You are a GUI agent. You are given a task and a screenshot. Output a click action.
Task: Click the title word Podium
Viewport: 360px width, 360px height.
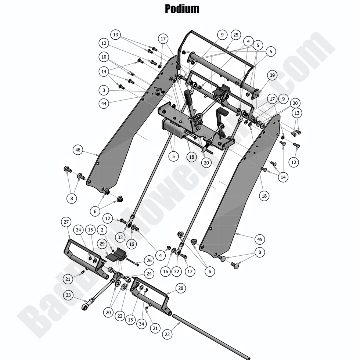[182, 8]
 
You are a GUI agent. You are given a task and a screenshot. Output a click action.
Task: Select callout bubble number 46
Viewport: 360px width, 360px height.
[78, 150]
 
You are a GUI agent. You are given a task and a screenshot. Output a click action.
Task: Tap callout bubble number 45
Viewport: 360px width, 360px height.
[260, 239]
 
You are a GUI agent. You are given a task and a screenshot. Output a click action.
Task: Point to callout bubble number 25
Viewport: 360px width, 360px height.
[235, 35]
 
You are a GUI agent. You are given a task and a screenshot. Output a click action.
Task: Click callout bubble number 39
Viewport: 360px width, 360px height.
[272, 76]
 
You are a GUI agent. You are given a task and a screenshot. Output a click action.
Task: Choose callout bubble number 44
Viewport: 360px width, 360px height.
[104, 104]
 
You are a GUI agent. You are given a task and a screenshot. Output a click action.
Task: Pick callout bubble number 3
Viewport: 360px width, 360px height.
[104, 90]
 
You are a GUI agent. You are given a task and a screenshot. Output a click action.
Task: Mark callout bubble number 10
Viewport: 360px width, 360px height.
[104, 57]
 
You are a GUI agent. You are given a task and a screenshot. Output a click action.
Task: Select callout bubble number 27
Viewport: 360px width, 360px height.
[66, 222]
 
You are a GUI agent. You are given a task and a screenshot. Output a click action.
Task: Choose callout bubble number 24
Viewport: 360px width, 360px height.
[149, 274]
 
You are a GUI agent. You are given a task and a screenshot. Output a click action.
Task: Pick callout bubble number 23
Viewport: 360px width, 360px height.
[167, 334]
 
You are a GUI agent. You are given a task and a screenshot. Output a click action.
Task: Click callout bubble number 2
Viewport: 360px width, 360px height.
[103, 230]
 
